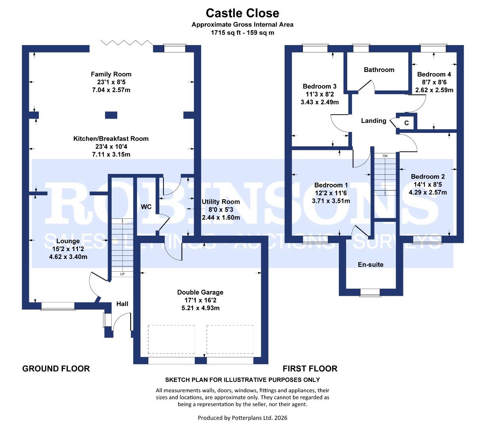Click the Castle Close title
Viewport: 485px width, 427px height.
[242, 13]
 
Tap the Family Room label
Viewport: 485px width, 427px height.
[111, 74]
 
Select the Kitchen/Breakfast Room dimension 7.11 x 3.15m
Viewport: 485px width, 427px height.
[111, 155]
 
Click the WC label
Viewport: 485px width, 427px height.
[146, 207]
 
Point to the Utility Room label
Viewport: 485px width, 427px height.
[221, 202]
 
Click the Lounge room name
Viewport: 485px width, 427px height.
[68, 241]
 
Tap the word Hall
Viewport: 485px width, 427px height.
[122, 304]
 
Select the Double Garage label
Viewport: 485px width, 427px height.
[200, 293]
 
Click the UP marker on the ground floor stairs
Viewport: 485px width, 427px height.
[122, 274]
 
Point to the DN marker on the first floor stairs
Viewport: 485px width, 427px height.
[385, 156]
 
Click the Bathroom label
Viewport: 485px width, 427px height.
[379, 70]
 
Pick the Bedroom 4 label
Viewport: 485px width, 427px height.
[434, 74]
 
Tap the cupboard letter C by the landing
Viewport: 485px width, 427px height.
[407, 123]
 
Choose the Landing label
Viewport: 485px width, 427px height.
[374, 121]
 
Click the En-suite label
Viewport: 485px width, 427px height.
[371, 265]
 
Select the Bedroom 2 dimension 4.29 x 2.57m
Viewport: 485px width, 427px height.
[428, 193]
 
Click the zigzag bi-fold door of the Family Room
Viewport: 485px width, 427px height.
[127, 43]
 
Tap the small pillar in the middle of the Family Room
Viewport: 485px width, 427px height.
[111, 115]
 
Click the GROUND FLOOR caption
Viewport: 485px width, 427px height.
[56, 368]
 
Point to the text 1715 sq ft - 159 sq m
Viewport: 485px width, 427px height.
[242, 33]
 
